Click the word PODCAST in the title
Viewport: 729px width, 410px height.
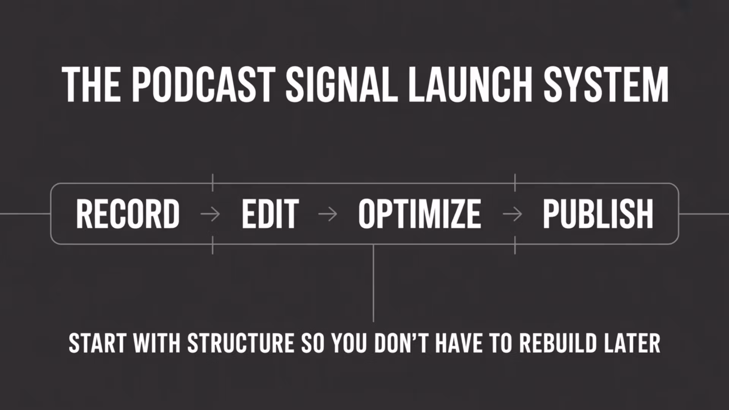[204, 85]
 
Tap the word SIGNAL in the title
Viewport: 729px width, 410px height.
[342, 85]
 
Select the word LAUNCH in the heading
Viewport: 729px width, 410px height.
[470, 85]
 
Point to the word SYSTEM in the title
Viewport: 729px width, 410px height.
[606, 85]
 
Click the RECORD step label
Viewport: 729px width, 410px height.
[128, 214]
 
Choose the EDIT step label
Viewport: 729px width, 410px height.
[270, 214]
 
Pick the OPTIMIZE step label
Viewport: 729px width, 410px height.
[420, 214]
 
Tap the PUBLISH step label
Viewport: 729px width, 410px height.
[598, 214]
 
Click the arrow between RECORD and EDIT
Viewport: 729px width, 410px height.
[210, 214]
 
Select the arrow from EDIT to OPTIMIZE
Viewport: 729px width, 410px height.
[328, 214]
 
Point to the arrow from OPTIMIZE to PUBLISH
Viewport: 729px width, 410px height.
[512, 214]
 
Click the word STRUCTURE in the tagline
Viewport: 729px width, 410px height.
[241, 343]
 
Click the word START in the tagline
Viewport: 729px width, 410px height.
[98, 343]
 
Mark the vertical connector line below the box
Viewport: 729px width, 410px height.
[373, 283]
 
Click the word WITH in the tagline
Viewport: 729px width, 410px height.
[157, 343]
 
